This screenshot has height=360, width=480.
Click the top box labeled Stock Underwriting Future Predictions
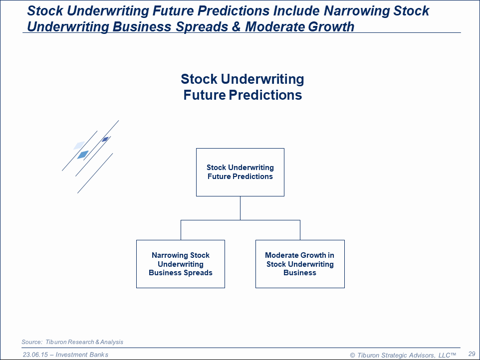pos(240,172)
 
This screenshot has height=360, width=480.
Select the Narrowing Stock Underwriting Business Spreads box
pos(181,264)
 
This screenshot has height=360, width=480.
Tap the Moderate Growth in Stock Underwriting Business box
pos(300,264)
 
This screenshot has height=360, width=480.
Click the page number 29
pos(472,354)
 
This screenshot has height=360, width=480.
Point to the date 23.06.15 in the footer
pos(35,355)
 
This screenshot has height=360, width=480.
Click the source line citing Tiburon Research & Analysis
pos(72,342)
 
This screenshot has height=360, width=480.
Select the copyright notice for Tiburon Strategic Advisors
pos(403,355)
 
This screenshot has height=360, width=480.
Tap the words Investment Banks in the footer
pos(82,355)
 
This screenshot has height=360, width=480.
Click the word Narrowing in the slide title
pos(356,11)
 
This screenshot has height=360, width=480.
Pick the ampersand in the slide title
pos(237,26)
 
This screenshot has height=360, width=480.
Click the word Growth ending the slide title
pos(331,26)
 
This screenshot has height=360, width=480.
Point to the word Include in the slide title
pos(296,11)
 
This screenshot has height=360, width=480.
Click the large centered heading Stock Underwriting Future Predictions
pos(242,87)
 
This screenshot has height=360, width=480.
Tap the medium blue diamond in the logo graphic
pos(83,155)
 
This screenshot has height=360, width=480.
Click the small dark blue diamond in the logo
pos(105,140)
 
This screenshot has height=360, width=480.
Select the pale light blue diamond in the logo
pos(79,145)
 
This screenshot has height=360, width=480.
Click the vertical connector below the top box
pos(240,208)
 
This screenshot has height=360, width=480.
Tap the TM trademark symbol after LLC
pos(454,354)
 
